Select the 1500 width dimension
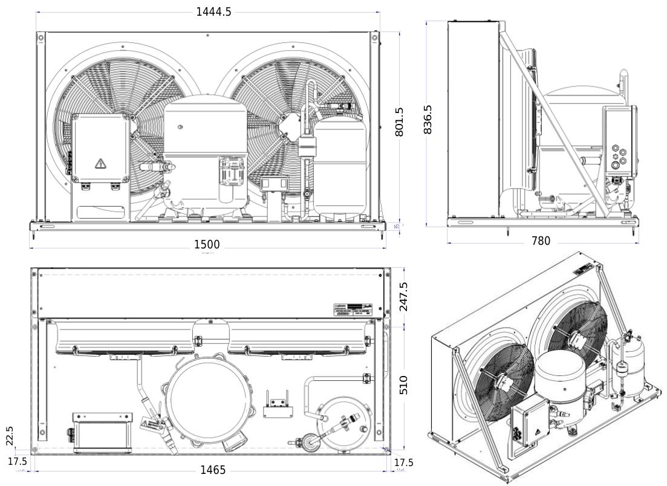click(x=207, y=245)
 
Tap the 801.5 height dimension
click(x=400, y=123)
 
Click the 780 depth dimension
click(x=540, y=241)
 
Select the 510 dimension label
click(x=404, y=384)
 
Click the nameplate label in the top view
click(x=357, y=308)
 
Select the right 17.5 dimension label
click(x=403, y=462)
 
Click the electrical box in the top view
click(x=102, y=432)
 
